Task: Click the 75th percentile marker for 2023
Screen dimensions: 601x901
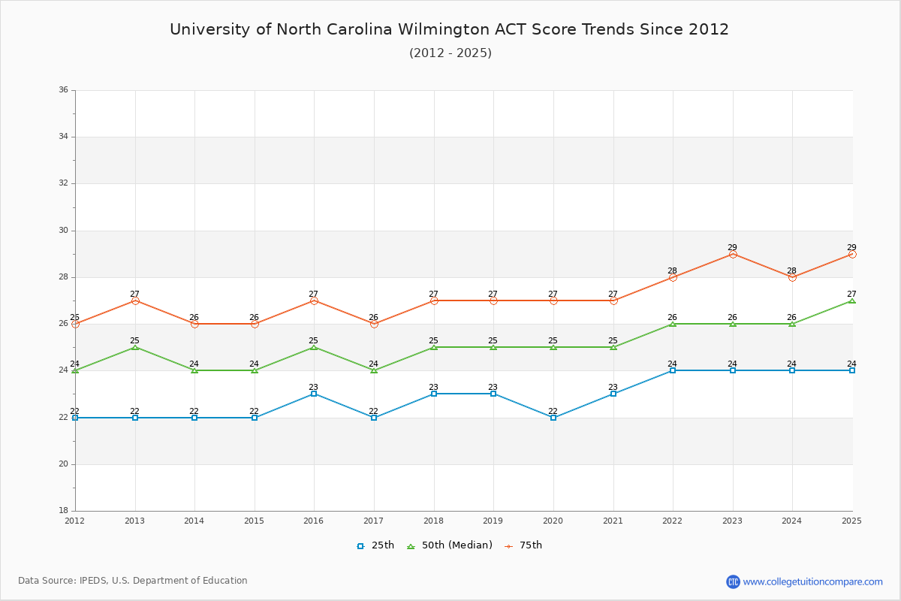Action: pos(733,254)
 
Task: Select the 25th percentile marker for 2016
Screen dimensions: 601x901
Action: pos(314,394)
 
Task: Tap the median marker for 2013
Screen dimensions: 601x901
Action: pos(135,347)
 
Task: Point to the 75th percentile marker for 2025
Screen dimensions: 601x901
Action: pos(852,254)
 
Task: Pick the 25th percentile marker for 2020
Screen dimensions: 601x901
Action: pos(553,417)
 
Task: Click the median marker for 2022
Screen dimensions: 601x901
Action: pos(673,324)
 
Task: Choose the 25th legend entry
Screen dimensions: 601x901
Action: pos(375,545)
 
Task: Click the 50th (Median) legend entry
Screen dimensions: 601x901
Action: pos(450,545)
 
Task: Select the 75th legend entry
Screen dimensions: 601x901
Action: pos(523,545)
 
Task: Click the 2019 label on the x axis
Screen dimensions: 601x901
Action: pos(493,521)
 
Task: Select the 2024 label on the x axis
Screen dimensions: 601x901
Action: pos(792,521)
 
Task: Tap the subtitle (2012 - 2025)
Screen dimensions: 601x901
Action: pos(450,53)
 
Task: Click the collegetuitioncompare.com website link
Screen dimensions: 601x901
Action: pos(812,581)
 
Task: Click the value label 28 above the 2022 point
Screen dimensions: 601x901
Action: pos(672,270)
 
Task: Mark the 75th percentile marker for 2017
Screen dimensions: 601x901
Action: pos(374,324)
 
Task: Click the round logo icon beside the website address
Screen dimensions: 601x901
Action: pos(733,581)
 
